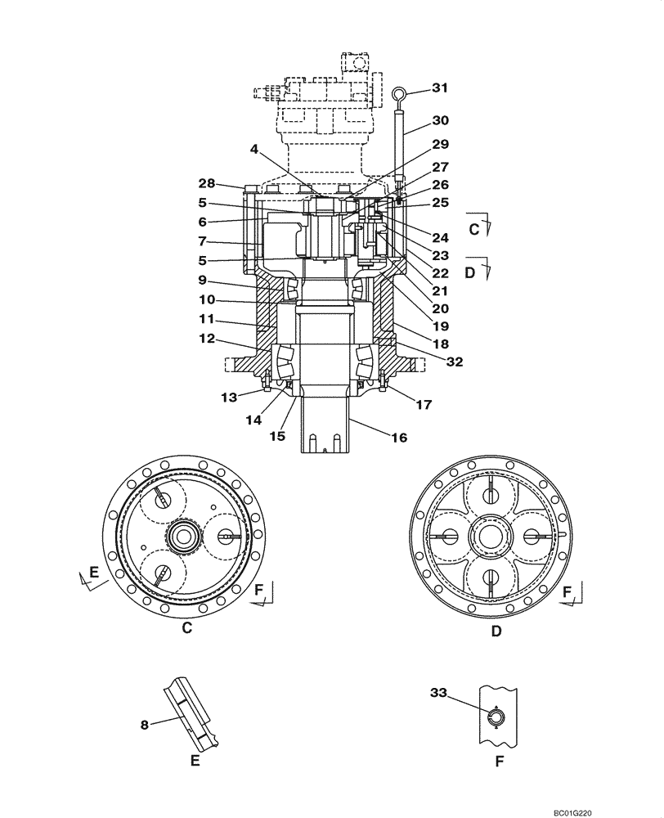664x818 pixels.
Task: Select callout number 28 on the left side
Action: (207, 182)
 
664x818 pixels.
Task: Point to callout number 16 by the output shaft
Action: (399, 438)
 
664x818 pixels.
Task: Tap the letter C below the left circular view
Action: (186, 629)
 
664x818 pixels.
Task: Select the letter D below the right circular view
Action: (496, 631)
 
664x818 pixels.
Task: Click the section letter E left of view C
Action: (93, 573)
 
